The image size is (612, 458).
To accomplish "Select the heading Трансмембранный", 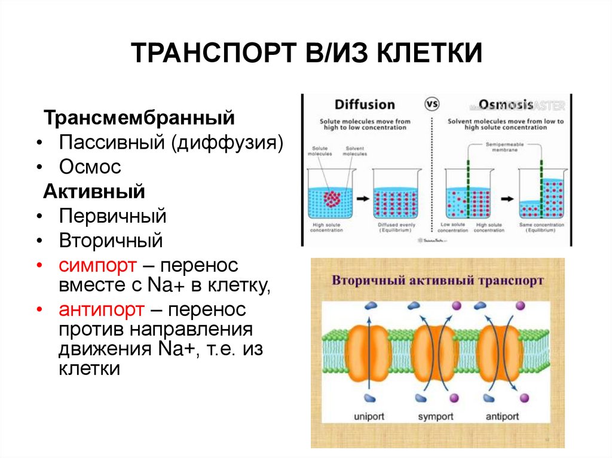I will [137, 117].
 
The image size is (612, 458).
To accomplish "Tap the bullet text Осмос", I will [90, 167].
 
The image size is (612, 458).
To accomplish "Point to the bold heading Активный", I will [94, 192].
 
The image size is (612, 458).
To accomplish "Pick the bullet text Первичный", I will [112, 216].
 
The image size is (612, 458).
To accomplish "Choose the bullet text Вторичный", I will [111, 241].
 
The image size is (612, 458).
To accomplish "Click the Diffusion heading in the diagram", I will [365, 104].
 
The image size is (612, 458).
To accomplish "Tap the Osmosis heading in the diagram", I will [506, 104].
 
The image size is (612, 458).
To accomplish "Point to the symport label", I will [435, 416].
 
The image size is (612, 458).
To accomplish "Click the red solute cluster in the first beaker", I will [331, 198].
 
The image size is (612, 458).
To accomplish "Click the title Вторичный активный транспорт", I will [437, 281].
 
